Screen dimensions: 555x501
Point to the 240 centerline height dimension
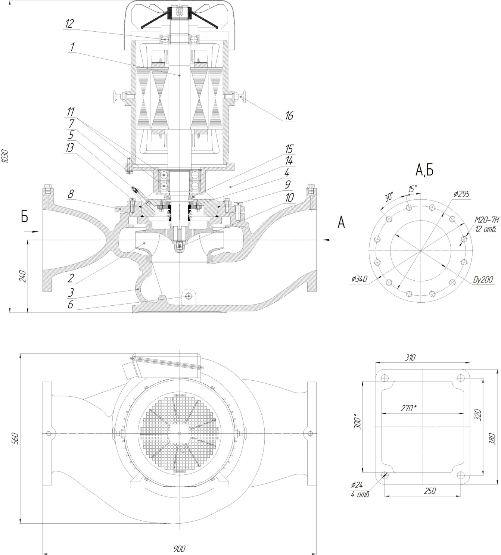pos(23,276)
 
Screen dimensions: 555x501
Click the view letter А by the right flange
pos(341,223)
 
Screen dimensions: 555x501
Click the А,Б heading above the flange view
pos(424,171)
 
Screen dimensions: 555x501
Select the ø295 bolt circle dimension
pos(462,194)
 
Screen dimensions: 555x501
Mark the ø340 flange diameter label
pos(360,279)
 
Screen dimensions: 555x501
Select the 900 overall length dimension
pos(179,549)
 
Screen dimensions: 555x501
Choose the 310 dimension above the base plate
pos(410,358)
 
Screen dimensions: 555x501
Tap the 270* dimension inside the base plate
pos(408,408)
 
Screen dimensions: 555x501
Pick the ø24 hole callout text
pos(357,485)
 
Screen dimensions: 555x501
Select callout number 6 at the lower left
pos(70,305)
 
